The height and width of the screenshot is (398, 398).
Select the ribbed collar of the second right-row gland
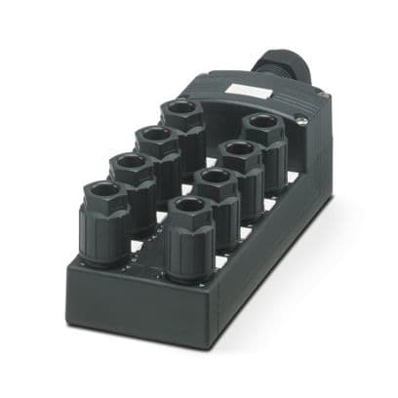tap(216, 225)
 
